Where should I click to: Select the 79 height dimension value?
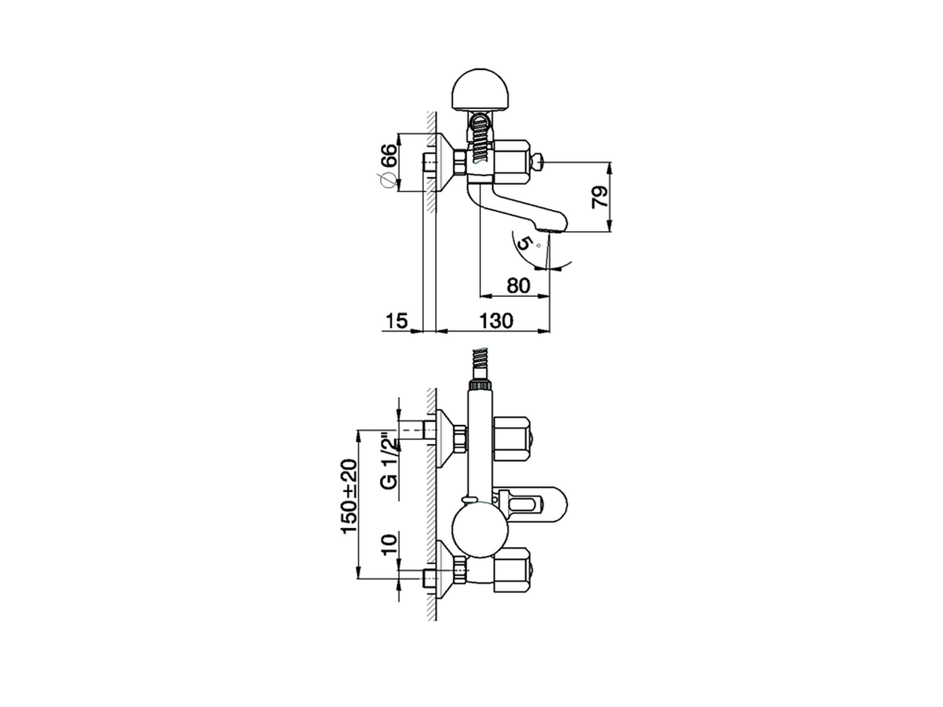pyautogui.click(x=601, y=197)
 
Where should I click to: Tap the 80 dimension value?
pyautogui.click(x=519, y=285)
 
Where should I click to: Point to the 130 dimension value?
pyautogui.click(x=496, y=321)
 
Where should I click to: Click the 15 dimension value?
pyautogui.click(x=396, y=321)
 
